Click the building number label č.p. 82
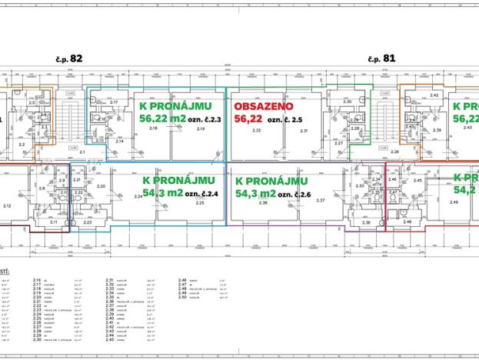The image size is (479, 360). coord(70,58)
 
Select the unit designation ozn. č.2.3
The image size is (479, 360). coord(205,119)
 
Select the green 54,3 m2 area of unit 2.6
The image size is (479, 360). coord(256,193)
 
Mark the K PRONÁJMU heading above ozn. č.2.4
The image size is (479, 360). coord(178,178)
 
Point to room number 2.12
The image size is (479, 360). coord(7,205)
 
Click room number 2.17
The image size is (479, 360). coord(113,102)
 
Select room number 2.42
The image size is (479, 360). coord(434,95)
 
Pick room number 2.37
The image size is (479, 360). coord(321,200)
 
